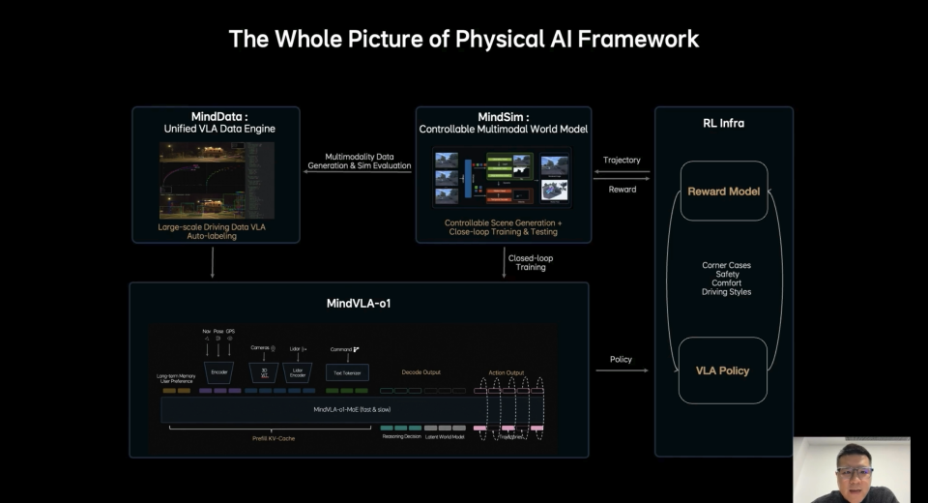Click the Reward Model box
(723, 192)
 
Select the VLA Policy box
(723, 370)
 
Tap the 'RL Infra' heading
(723, 123)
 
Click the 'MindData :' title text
(218, 116)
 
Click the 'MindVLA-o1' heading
(358, 303)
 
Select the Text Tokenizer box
(346, 371)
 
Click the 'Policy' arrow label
(621, 359)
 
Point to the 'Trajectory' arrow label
(622, 160)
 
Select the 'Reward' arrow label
(622, 189)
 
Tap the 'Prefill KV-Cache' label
(274, 438)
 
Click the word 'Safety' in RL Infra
(726, 274)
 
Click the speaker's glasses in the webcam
(855, 472)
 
